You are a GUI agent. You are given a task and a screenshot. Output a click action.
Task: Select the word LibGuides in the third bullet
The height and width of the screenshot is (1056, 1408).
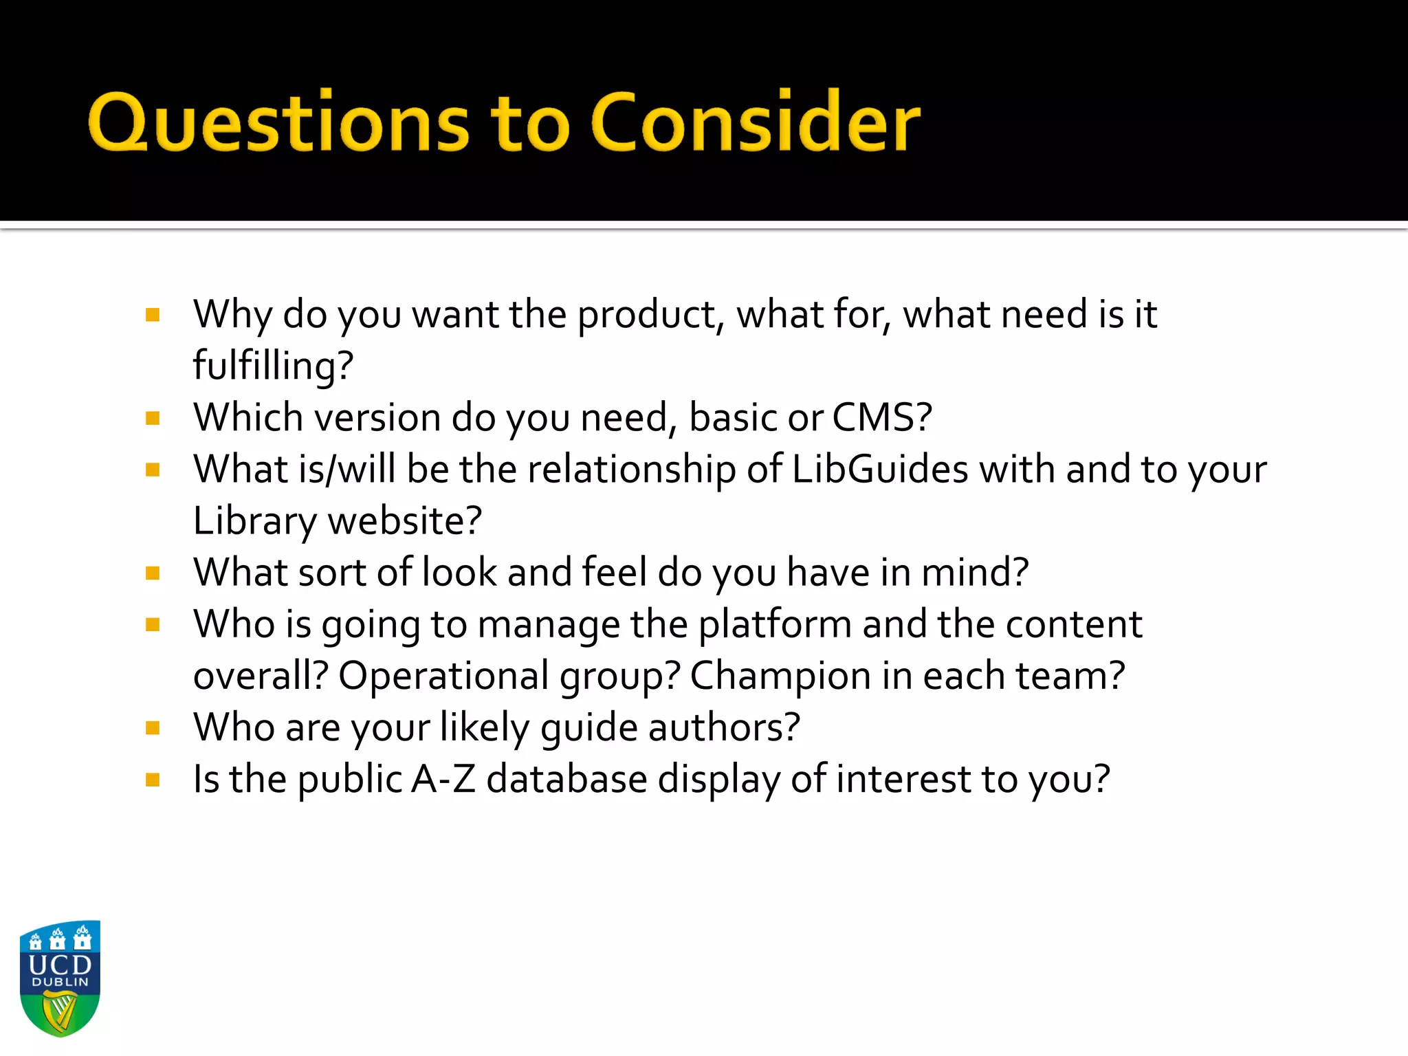[x=880, y=470]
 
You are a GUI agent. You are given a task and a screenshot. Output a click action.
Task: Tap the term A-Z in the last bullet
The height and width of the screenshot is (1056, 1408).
[x=443, y=779]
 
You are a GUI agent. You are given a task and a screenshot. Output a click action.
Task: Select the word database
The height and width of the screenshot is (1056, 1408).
[x=566, y=779]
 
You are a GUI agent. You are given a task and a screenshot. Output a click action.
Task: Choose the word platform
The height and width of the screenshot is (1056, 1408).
[x=775, y=624]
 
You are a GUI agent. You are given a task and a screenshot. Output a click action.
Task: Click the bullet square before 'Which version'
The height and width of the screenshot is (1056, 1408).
[x=153, y=418]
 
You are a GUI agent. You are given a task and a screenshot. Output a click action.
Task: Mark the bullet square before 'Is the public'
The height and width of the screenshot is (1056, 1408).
[x=153, y=780]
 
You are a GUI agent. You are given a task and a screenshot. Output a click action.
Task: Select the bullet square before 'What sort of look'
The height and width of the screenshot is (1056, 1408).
[x=153, y=573]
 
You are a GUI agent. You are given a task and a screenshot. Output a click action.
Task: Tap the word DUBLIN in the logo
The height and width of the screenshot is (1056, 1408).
[x=60, y=982]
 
